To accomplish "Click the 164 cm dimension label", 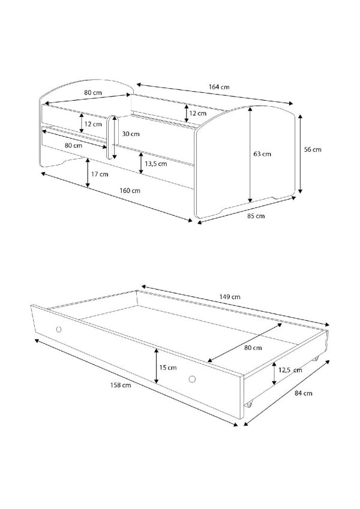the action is coord(218,87).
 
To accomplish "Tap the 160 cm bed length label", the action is coord(130,191).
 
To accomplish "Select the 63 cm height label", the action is coord(262,154).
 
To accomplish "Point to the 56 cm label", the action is coord(313,149).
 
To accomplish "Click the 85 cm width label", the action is coord(256,216).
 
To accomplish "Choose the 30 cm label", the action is coord(131,134).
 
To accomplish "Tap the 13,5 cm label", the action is coord(156,164).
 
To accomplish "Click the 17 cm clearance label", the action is coord(100,174).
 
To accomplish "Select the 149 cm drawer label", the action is coord(229,297).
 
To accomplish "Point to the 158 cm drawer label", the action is coord(120,385).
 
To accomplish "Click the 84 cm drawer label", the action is coord(303,393).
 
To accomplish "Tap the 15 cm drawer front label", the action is coord(167,368).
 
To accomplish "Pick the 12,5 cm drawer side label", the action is coord(290,370).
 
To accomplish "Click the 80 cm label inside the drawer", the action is coord(253,348).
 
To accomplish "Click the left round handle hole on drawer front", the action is coord(59,330).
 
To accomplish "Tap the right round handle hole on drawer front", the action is coord(193,379).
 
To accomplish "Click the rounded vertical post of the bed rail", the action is coord(111,137).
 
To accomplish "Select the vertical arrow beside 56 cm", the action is coord(301,153).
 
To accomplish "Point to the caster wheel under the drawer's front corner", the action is coord(249,405).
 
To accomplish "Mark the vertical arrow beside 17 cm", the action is coord(88,173).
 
